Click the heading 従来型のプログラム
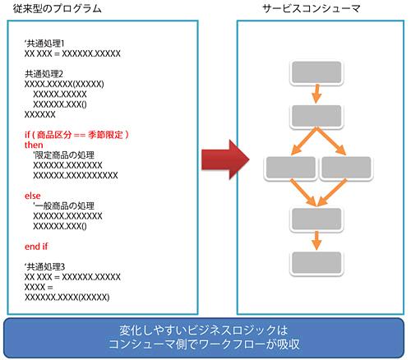[58, 9]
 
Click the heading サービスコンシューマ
[312, 9]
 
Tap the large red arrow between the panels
[225, 159]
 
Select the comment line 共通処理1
[44, 44]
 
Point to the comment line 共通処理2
[44, 74]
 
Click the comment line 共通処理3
[44, 266]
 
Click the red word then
[34, 145]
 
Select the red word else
[32, 196]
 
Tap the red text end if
[36, 247]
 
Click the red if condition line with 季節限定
[76, 135]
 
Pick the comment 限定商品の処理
[64, 155]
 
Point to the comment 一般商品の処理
[64, 205]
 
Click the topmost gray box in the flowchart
[316, 72]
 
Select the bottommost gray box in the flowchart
[316, 263]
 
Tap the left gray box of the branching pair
[290, 168]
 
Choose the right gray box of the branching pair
[346, 168]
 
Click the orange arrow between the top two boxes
[316, 94]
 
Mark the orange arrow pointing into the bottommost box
[316, 241]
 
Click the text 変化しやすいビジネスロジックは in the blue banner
[204, 330]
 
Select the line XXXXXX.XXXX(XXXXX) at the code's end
[67, 298]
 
